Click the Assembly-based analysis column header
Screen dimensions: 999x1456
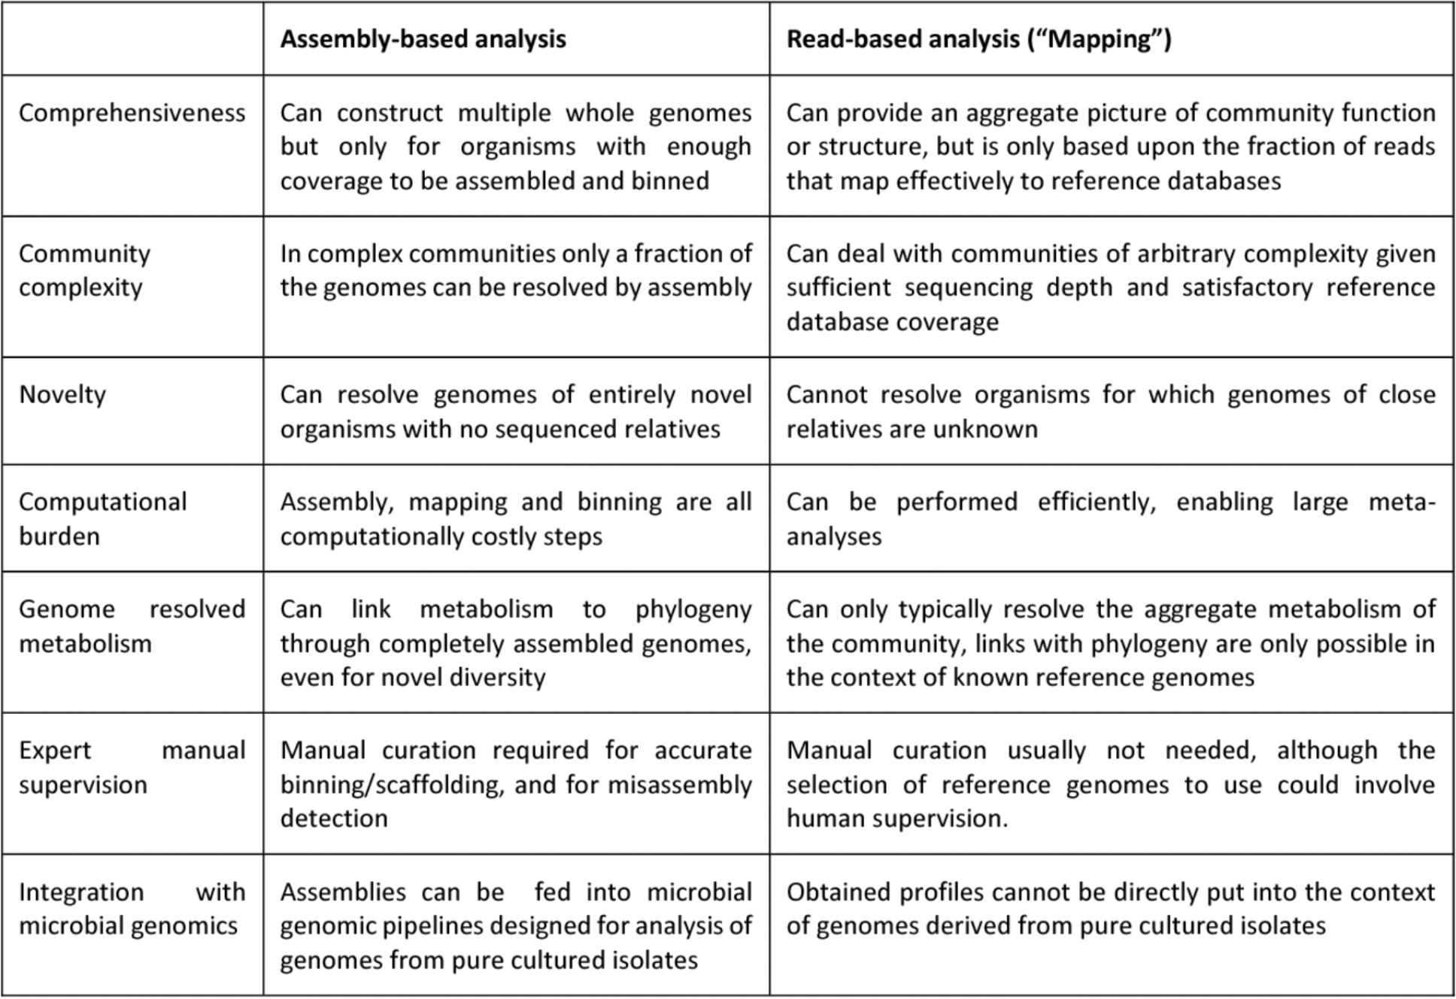(423, 39)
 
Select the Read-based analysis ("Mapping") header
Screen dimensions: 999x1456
(978, 39)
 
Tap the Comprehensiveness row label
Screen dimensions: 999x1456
(132, 113)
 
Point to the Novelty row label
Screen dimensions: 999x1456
(62, 395)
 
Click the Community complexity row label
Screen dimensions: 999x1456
(84, 270)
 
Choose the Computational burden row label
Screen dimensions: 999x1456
(102, 519)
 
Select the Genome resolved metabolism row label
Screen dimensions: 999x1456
(132, 626)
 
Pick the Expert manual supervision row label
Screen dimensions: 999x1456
(132, 767)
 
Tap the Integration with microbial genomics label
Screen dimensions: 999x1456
(132, 909)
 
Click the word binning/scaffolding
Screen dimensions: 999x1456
(390, 785)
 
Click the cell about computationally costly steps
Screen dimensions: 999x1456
(516, 519)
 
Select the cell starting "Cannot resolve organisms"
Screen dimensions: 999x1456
(1110, 411)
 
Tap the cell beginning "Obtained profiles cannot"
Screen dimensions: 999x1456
(1110, 909)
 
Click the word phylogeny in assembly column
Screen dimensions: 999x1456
(693, 609)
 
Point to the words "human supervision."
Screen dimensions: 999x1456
(896, 818)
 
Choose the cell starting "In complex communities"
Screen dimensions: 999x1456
(516, 271)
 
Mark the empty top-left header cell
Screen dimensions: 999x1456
(132, 39)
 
